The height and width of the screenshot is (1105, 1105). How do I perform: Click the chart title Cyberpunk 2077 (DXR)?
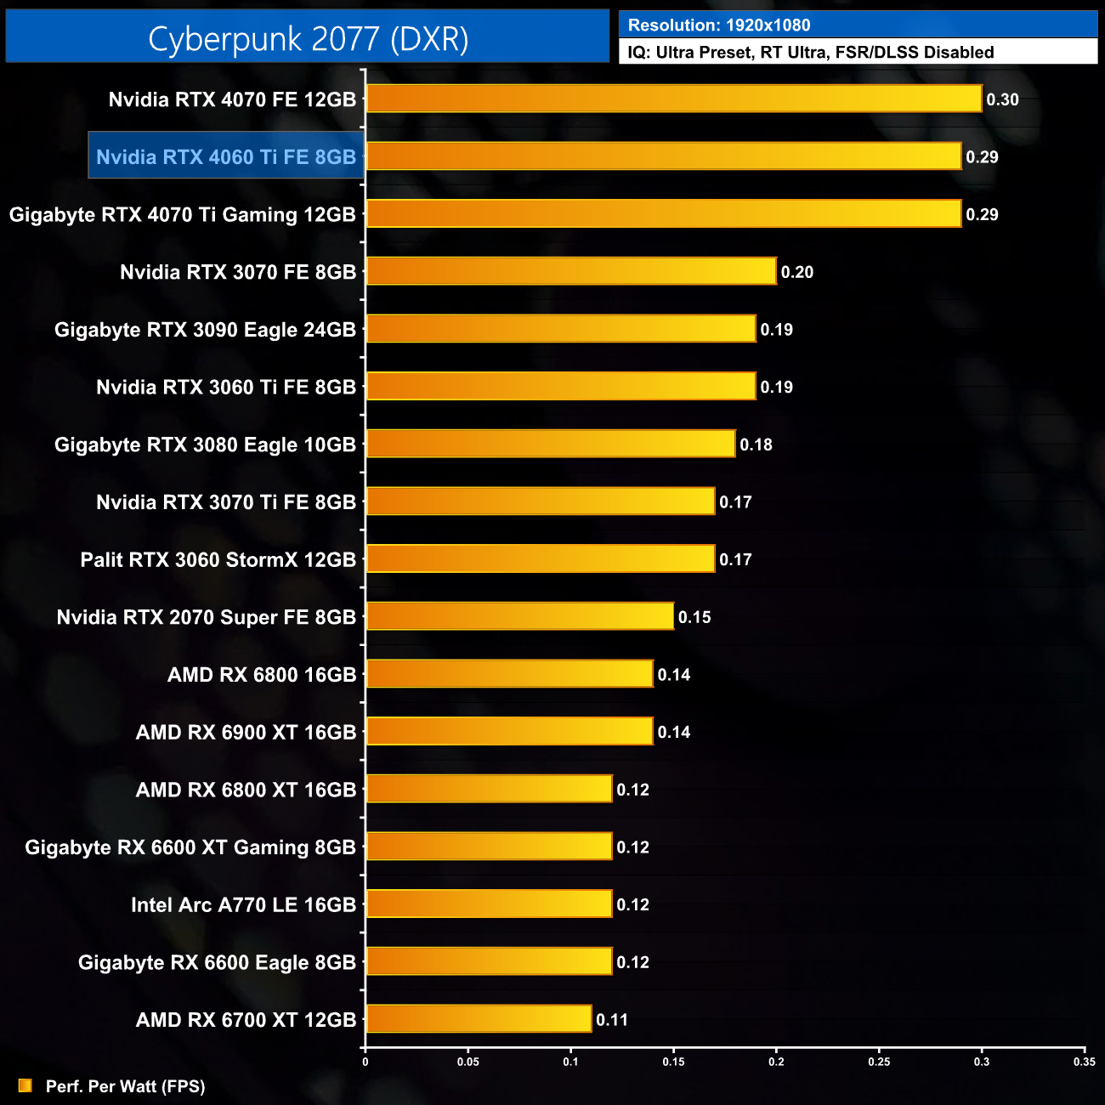(308, 39)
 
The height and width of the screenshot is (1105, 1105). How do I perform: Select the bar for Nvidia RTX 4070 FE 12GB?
(673, 99)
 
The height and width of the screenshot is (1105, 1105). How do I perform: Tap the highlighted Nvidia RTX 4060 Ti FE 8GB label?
(226, 156)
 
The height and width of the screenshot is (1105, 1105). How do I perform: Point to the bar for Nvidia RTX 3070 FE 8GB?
(570, 271)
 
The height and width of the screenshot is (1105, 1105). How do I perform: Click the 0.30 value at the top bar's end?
(1002, 99)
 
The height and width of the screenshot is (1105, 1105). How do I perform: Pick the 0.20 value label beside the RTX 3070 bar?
(797, 272)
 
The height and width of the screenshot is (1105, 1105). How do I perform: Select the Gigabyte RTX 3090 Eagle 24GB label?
(205, 330)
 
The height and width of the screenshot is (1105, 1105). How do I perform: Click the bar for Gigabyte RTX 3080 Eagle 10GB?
(550, 444)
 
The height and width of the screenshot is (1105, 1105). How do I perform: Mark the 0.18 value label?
(756, 445)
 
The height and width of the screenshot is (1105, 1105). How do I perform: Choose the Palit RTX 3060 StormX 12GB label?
(218, 560)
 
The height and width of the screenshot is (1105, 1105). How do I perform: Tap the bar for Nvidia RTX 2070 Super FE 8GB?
(519, 616)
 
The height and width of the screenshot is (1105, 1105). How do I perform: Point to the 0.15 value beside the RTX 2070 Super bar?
(694, 617)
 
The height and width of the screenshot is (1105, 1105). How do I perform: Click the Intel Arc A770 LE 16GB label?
(243, 905)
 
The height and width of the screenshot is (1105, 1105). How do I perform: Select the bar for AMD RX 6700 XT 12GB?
(479, 1018)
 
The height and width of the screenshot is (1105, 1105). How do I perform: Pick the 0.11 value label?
(612, 1020)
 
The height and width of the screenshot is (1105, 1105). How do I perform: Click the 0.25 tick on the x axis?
(879, 1062)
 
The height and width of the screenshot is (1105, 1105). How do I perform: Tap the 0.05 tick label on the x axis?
(467, 1062)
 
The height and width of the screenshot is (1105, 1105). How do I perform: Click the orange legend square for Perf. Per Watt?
(25, 1085)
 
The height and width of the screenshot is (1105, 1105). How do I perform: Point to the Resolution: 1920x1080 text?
(719, 25)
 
